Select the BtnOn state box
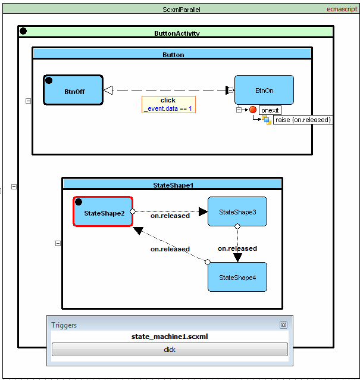point(264,91)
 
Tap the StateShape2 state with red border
point(102,213)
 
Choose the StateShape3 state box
point(237,211)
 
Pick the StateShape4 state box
point(237,277)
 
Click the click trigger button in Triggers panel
point(170,350)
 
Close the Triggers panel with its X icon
point(283,325)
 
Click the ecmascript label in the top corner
point(342,10)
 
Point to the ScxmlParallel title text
point(181,10)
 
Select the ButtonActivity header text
point(177,33)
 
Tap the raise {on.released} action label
point(303,120)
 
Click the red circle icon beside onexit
point(253,110)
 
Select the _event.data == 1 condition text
point(168,108)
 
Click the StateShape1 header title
point(173,185)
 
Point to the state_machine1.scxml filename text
point(170,337)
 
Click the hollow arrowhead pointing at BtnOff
point(108,91)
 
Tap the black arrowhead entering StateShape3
point(203,211)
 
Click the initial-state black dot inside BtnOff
point(49,80)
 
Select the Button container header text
point(173,55)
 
